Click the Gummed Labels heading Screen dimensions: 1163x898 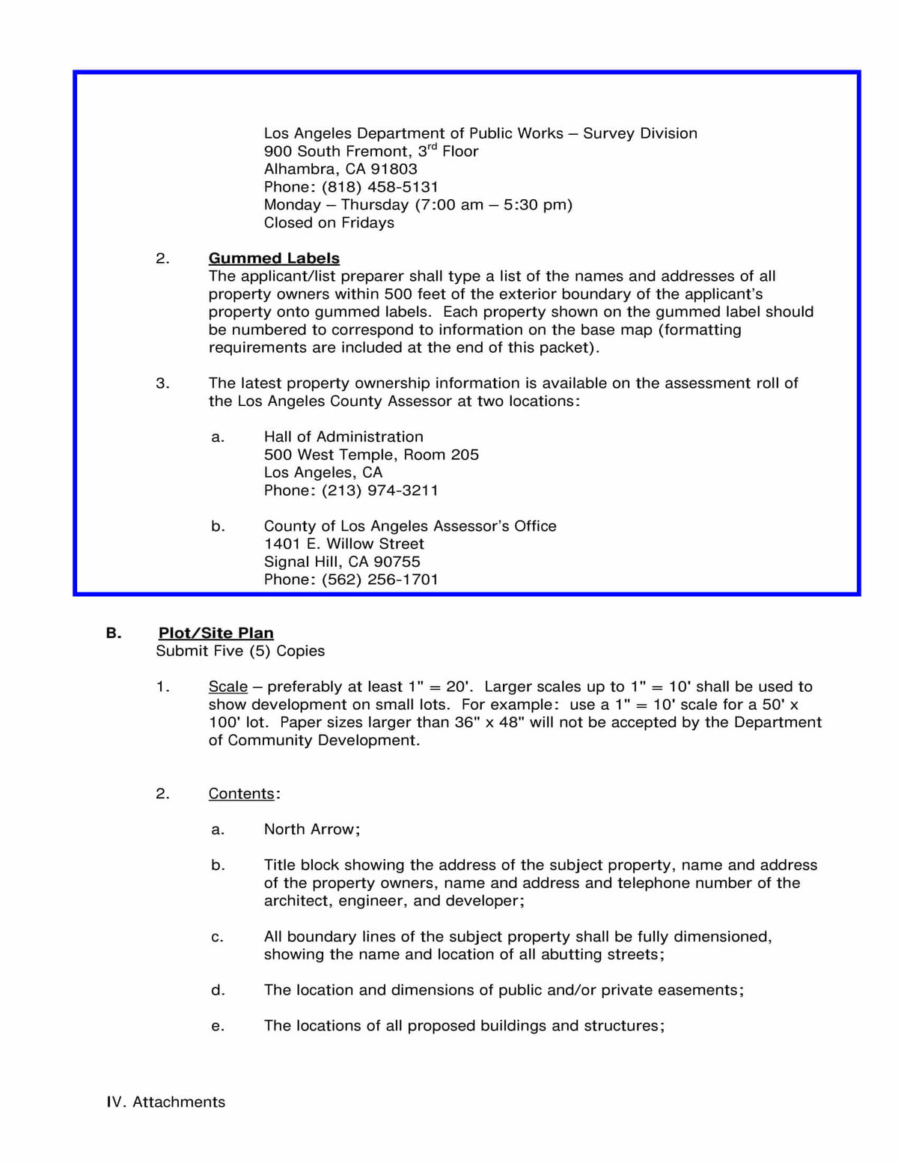[x=274, y=258]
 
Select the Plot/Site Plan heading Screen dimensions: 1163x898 [x=216, y=634]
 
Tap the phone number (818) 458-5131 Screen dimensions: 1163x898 [x=380, y=187]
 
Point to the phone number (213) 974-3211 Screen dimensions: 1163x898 [x=380, y=491]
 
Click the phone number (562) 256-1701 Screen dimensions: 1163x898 [x=380, y=580]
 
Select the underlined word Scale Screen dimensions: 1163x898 [x=228, y=687]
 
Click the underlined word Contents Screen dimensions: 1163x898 [x=242, y=794]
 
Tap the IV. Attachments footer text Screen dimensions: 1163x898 [x=165, y=1102]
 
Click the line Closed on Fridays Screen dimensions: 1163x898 [x=329, y=223]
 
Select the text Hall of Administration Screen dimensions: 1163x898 [x=343, y=437]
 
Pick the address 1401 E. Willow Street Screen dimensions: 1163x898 [x=343, y=544]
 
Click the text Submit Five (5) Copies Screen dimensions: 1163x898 [x=240, y=652]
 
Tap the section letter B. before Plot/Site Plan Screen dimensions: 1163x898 [x=114, y=634]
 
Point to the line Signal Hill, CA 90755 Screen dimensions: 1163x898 [x=342, y=562]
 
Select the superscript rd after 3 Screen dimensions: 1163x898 [x=432, y=147]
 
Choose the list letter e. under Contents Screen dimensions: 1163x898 [x=218, y=1027]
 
